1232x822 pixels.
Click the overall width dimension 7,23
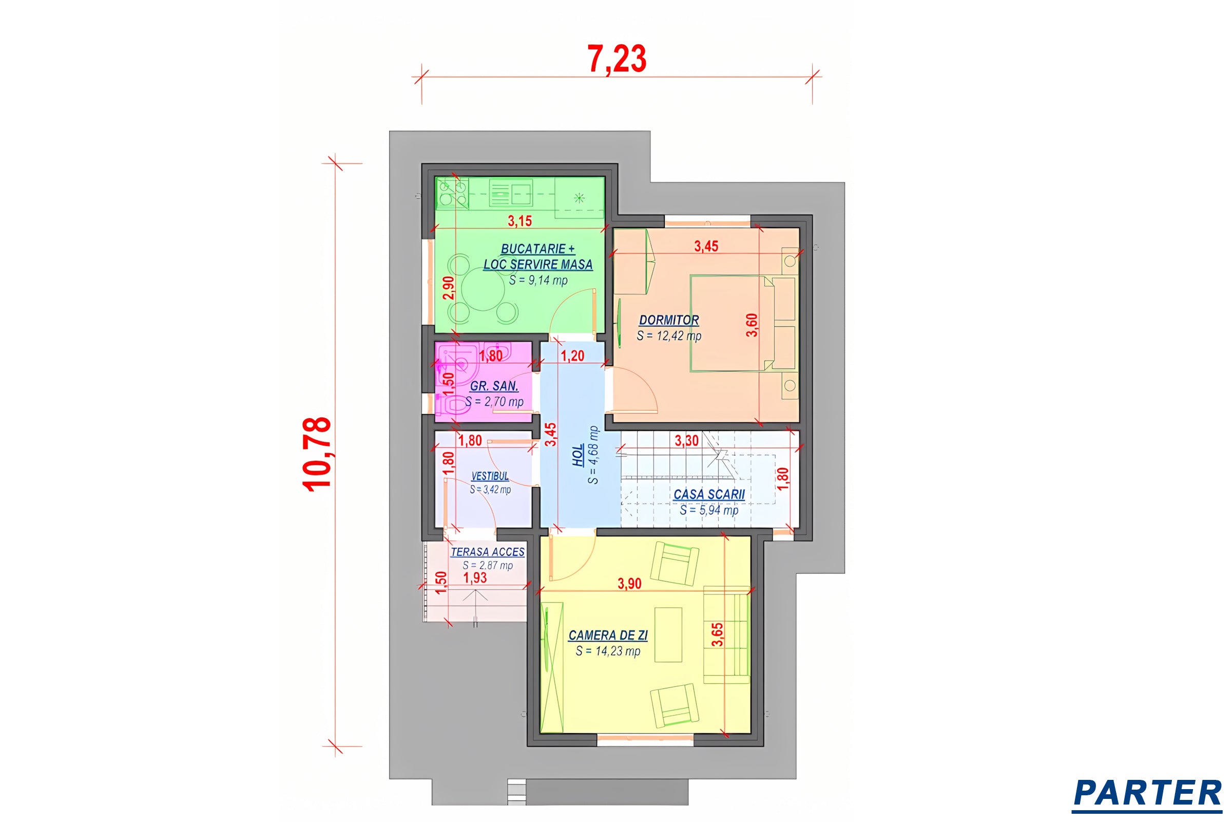(617, 59)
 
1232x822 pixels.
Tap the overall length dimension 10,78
(317, 454)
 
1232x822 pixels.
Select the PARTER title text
(1148, 793)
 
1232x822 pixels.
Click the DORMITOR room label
(669, 320)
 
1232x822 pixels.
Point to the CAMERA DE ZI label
(608, 636)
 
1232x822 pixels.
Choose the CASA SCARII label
(709, 494)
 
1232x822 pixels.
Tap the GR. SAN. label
(494, 386)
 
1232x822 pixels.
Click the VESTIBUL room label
(490, 476)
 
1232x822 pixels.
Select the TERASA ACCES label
(488, 552)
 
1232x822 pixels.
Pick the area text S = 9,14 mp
(538, 281)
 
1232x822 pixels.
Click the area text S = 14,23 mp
(608, 651)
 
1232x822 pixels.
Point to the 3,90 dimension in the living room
(629, 584)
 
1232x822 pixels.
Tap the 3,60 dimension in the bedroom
(752, 325)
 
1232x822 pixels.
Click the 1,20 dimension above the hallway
(572, 356)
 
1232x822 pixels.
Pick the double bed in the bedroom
(733, 324)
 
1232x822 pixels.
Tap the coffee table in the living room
(668, 635)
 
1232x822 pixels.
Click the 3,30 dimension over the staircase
(686, 441)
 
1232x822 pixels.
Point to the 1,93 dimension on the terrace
(475, 577)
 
